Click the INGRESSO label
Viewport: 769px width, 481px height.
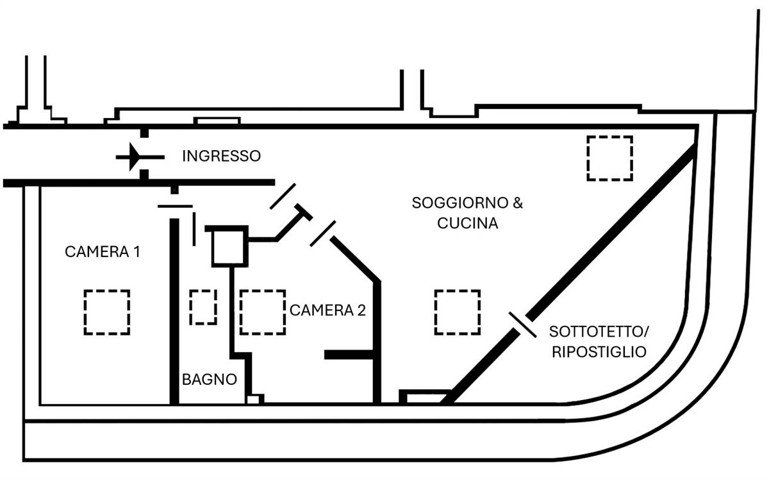pos(221,156)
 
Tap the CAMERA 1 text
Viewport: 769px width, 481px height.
pos(103,251)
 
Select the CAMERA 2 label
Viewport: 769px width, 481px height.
pos(327,310)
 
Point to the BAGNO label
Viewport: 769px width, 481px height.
pos(209,379)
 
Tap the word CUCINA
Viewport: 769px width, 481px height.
pos(467,224)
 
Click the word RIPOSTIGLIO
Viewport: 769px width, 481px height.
pos(598,352)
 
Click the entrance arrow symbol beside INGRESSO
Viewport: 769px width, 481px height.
pos(136,156)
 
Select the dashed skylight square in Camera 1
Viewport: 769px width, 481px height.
pos(107,312)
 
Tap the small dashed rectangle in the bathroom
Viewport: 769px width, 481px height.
pos(203,307)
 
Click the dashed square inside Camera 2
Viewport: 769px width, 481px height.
pos(263,312)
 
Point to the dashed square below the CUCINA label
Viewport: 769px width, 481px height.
pos(458,312)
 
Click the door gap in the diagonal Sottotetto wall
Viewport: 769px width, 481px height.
pos(523,325)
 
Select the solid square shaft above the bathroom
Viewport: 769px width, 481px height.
pos(228,247)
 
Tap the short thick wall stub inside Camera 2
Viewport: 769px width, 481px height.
pos(349,355)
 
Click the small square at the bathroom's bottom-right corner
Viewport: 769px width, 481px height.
pos(254,400)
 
